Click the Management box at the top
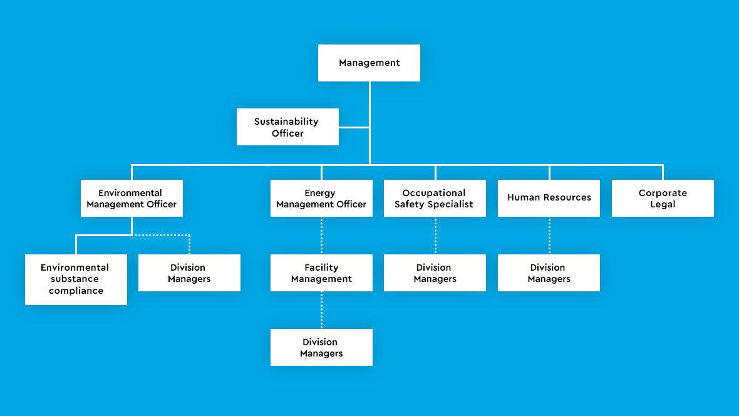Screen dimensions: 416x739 (369, 63)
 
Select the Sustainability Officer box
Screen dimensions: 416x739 (287, 127)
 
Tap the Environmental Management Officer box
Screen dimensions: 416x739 (132, 199)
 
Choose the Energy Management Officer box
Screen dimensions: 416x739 (321, 199)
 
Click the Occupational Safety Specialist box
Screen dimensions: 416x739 (435, 199)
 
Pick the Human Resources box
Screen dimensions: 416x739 (549, 198)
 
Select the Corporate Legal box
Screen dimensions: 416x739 (663, 199)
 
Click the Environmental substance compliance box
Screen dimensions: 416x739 (76, 279)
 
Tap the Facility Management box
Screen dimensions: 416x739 (321, 273)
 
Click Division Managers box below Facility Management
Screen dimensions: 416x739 (321, 348)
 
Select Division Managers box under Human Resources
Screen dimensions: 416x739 (549, 273)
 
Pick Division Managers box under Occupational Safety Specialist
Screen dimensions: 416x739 (435, 273)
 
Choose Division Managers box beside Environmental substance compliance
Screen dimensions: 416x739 (189, 273)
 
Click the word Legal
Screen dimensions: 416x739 (663, 205)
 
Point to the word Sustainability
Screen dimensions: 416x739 (286, 122)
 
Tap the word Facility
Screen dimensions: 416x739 (321, 268)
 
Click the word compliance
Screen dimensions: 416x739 (76, 291)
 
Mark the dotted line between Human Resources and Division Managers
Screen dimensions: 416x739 (549, 236)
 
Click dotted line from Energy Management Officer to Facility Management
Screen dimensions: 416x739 (321, 236)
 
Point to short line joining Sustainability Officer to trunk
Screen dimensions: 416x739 (354, 127)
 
